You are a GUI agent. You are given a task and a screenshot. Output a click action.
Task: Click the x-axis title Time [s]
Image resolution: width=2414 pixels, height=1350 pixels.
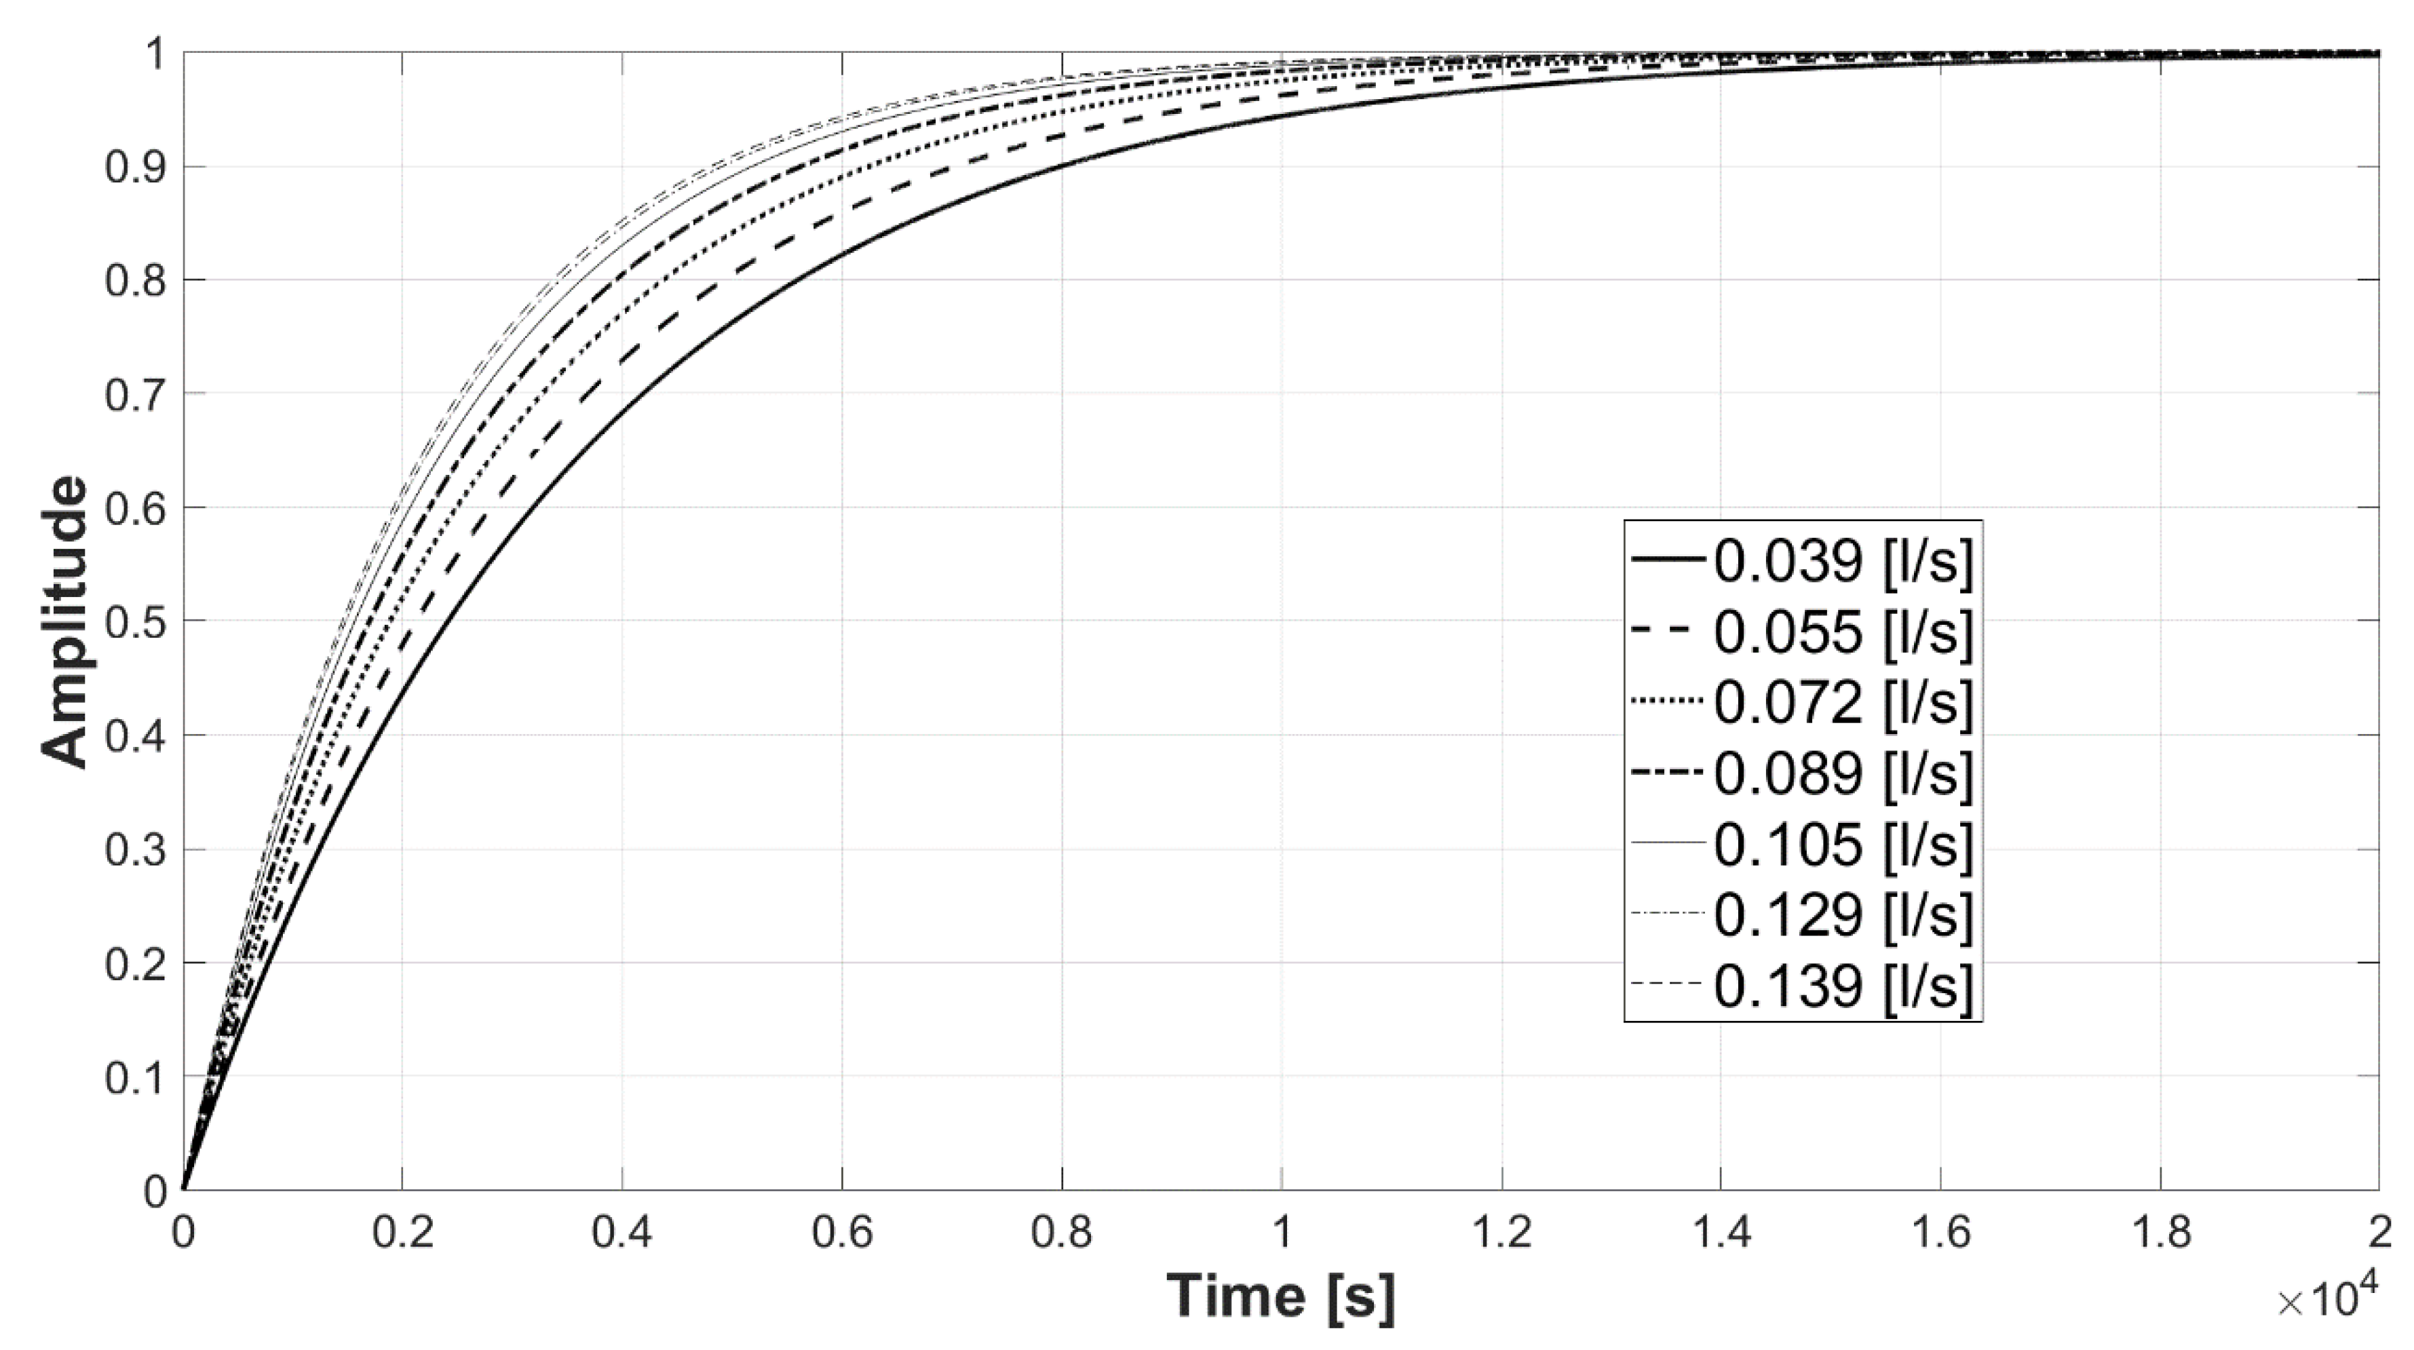coord(1280,1296)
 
